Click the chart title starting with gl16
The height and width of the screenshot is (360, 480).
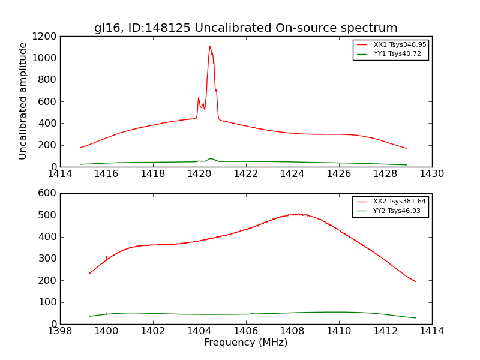(x=245, y=28)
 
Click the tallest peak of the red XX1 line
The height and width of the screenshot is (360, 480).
(x=210, y=47)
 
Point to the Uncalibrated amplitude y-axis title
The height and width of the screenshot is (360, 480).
(x=23, y=101)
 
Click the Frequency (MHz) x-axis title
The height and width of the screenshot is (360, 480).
(x=245, y=343)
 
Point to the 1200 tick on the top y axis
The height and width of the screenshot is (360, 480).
(x=46, y=36)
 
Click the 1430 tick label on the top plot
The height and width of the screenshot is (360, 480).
(x=431, y=174)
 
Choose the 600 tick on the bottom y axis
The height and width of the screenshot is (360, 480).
(x=49, y=193)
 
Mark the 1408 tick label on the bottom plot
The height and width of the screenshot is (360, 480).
(x=292, y=331)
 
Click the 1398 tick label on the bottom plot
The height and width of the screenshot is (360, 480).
(x=60, y=331)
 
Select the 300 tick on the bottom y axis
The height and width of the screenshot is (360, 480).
(x=49, y=259)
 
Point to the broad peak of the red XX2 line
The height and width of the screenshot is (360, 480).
(x=296, y=214)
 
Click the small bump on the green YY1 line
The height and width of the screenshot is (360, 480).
(x=210, y=159)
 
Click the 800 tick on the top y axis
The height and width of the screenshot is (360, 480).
(x=49, y=80)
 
